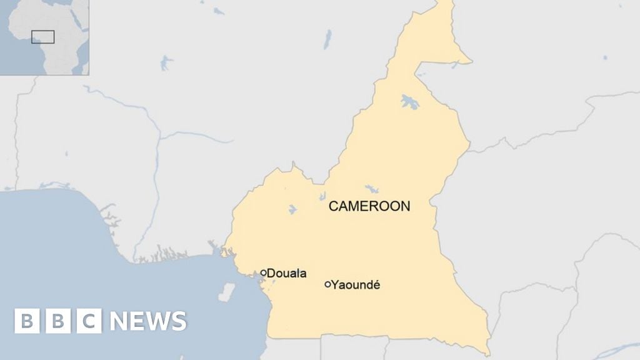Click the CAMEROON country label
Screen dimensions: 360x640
tap(369, 206)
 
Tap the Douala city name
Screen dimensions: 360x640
tap(287, 273)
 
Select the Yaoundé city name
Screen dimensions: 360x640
tap(356, 285)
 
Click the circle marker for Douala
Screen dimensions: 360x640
tap(264, 272)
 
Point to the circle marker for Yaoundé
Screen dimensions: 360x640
tap(327, 284)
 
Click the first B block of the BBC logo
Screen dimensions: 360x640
tap(27, 321)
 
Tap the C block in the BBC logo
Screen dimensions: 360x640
tap(89, 321)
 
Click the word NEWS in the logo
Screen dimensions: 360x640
tap(148, 321)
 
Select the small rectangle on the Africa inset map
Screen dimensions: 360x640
tap(42, 37)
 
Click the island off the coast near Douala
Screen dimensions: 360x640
tap(226, 292)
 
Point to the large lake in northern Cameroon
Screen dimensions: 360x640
tap(410, 101)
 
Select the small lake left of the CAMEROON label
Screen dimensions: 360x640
tap(292, 209)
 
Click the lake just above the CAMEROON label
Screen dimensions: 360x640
tap(372, 188)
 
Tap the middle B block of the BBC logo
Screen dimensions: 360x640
tap(58, 321)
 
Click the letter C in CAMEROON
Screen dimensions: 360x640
tap(333, 206)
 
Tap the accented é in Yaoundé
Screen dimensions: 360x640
tap(376, 285)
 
